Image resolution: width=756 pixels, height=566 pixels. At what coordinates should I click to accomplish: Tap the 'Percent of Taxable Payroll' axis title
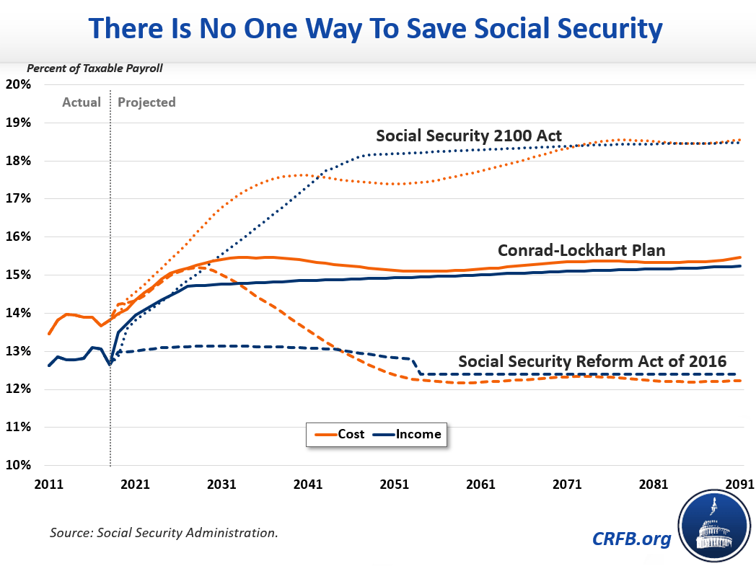tap(95, 69)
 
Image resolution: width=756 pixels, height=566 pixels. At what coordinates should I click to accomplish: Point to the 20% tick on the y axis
tap(17, 84)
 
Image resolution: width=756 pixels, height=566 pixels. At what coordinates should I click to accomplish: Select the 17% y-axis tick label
tap(17, 199)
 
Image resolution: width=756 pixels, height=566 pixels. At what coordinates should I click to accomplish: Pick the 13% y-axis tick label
tap(17, 351)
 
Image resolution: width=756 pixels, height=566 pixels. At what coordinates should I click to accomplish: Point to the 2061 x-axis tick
tap(480, 484)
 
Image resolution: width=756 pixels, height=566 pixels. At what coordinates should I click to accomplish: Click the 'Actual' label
tap(82, 102)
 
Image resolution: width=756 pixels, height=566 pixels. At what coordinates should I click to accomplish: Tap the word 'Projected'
tap(146, 102)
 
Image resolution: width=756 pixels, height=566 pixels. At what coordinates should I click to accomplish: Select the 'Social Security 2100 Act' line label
tap(469, 136)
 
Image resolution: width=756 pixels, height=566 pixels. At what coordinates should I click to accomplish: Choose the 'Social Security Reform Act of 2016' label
tap(592, 361)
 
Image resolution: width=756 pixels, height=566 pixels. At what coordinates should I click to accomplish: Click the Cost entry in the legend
tap(336, 435)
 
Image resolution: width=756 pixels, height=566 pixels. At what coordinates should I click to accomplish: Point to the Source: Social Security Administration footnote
tap(164, 534)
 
